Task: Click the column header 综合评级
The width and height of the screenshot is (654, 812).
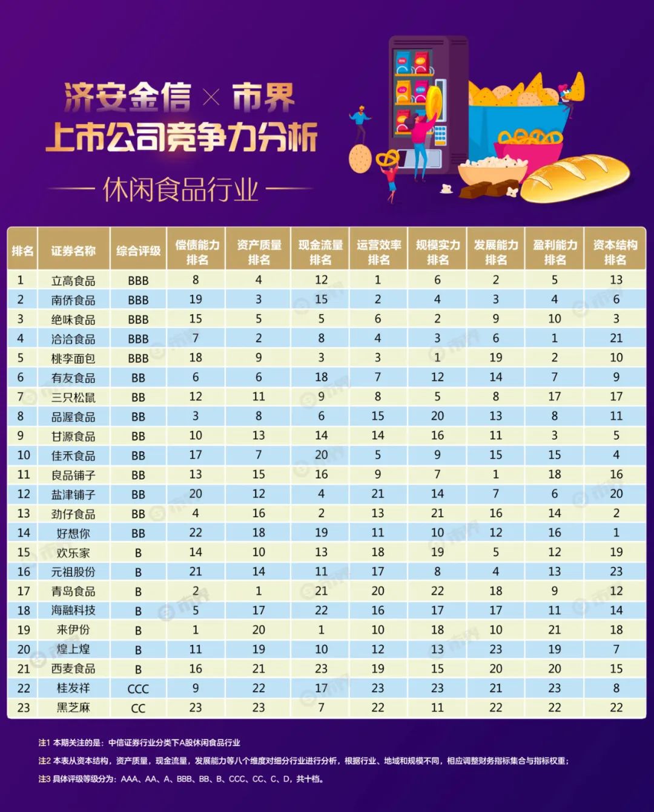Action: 138,251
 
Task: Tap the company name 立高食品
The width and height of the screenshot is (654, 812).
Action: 73,281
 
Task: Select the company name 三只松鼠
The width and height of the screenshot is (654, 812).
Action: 73,398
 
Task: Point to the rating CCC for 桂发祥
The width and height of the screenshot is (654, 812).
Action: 138,689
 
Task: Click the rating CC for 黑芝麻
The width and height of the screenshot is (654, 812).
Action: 138,709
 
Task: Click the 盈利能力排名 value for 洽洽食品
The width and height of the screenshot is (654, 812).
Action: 555,338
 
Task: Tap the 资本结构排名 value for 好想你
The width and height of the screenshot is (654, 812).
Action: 616,533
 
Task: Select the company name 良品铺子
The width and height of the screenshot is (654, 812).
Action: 73,476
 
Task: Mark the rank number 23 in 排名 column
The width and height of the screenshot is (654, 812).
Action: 24,708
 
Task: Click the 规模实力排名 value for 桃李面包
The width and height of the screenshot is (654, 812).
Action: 437,358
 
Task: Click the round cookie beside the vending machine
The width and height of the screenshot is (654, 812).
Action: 360,159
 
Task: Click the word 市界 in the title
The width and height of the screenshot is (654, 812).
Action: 263,98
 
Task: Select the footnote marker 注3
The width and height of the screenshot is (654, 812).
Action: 44,779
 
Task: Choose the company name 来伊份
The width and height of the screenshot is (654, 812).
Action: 73,630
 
